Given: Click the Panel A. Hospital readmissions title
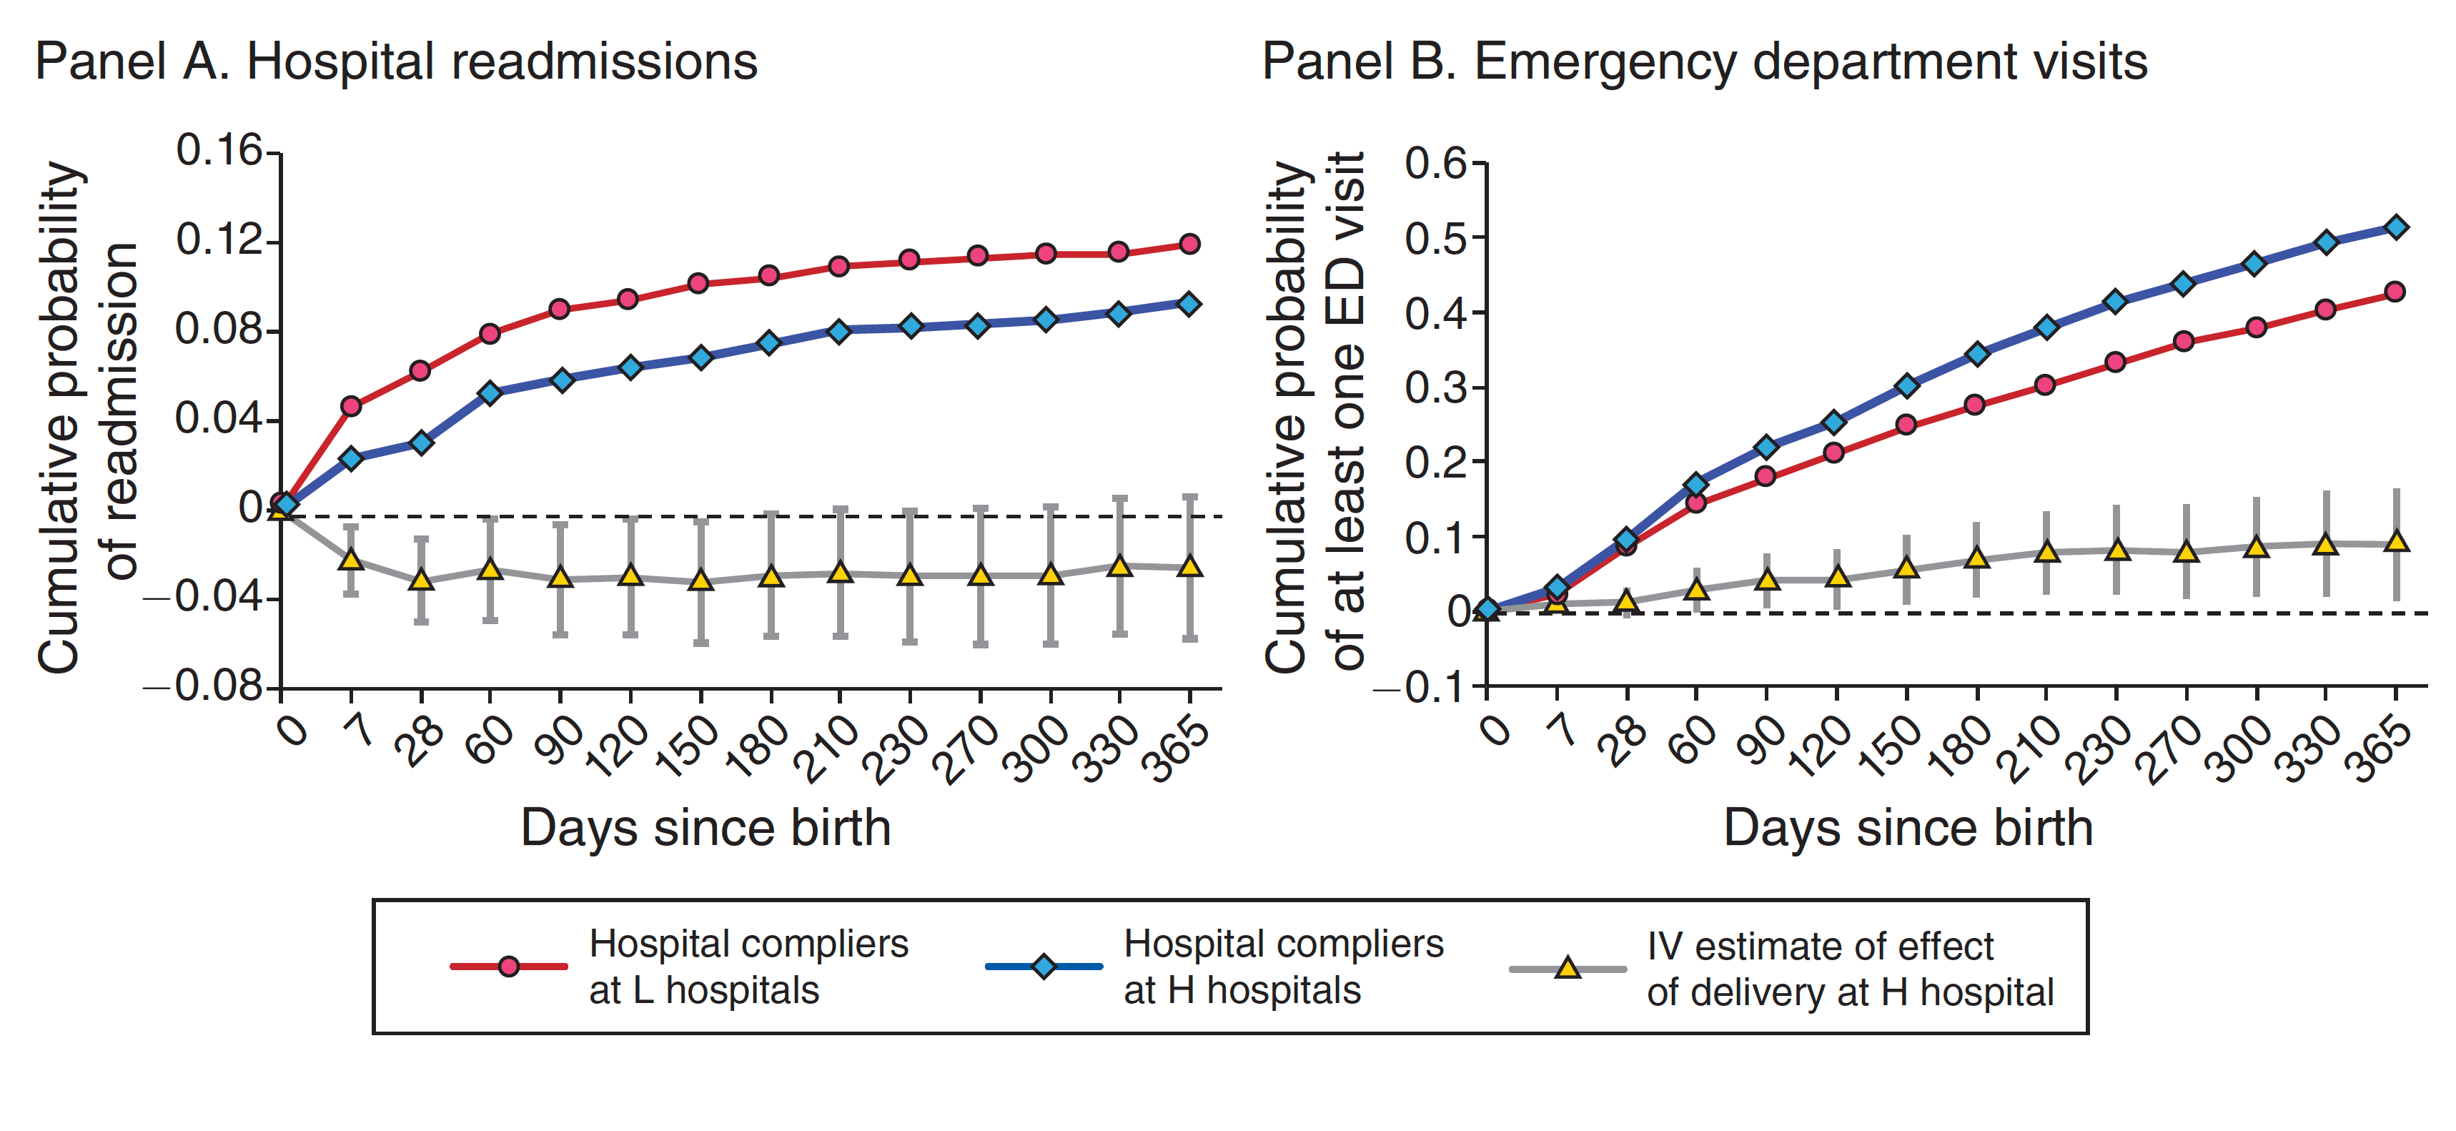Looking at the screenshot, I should tap(396, 62).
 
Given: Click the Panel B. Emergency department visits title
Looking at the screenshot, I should tap(1704, 62).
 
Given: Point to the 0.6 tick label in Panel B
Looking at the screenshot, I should tap(1436, 163).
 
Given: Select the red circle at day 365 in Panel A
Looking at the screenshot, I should tap(1189, 244).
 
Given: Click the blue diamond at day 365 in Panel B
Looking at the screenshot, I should tap(2395, 227).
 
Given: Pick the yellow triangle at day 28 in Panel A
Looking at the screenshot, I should tap(422, 579).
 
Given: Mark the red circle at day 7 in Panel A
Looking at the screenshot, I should tap(351, 406).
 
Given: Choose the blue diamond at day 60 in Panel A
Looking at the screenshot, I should tap(490, 393).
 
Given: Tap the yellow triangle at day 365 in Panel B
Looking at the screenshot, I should tap(2395, 542).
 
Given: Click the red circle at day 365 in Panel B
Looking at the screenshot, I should tap(2395, 292).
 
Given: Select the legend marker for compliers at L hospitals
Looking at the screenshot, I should tap(509, 967).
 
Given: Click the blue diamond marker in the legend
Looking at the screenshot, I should tap(1044, 967).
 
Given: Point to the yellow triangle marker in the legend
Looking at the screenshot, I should tap(1568, 969).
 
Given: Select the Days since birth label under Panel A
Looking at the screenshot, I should tap(705, 828).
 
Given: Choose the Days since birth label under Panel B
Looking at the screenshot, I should tap(1908, 828).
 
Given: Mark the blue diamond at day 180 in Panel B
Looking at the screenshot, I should tap(1976, 354).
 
